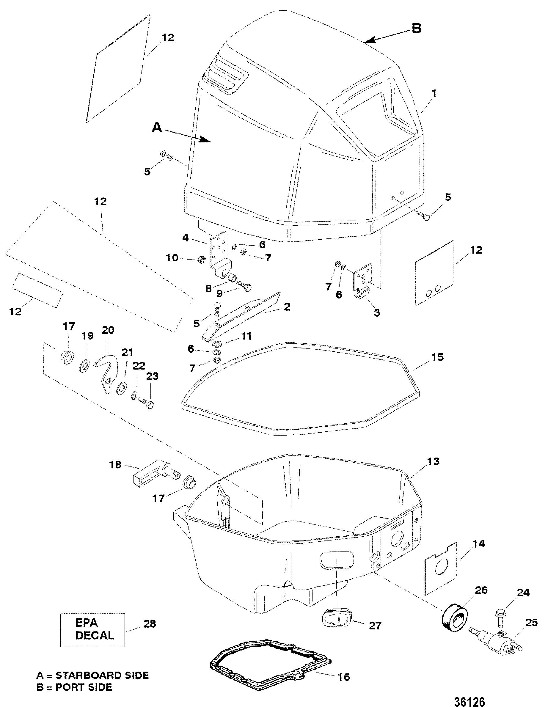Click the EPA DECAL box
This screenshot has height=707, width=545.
(92, 629)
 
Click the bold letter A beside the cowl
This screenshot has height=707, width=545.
(157, 128)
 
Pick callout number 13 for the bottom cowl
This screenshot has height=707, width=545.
(433, 461)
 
